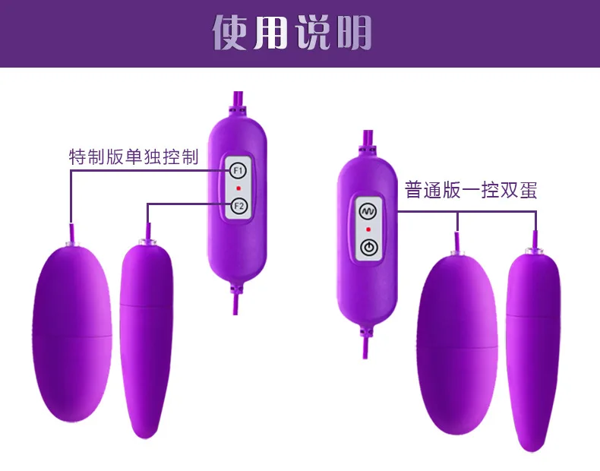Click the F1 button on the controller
(x=238, y=170)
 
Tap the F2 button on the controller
(x=238, y=206)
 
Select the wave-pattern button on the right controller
(x=368, y=211)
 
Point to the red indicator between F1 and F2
(x=238, y=188)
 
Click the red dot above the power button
(x=368, y=229)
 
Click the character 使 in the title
(x=230, y=33)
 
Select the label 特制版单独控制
(x=134, y=156)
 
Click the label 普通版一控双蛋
(x=471, y=190)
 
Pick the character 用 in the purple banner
(x=270, y=33)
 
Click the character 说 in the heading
(x=313, y=33)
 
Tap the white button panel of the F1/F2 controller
(x=238, y=187)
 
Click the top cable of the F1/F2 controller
(x=238, y=100)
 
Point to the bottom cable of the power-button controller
(x=365, y=346)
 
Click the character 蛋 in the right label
(x=528, y=190)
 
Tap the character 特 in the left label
(x=77, y=156)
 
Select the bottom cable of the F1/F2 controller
(x=235, y=303)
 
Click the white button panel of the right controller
(x=368, y=229)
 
